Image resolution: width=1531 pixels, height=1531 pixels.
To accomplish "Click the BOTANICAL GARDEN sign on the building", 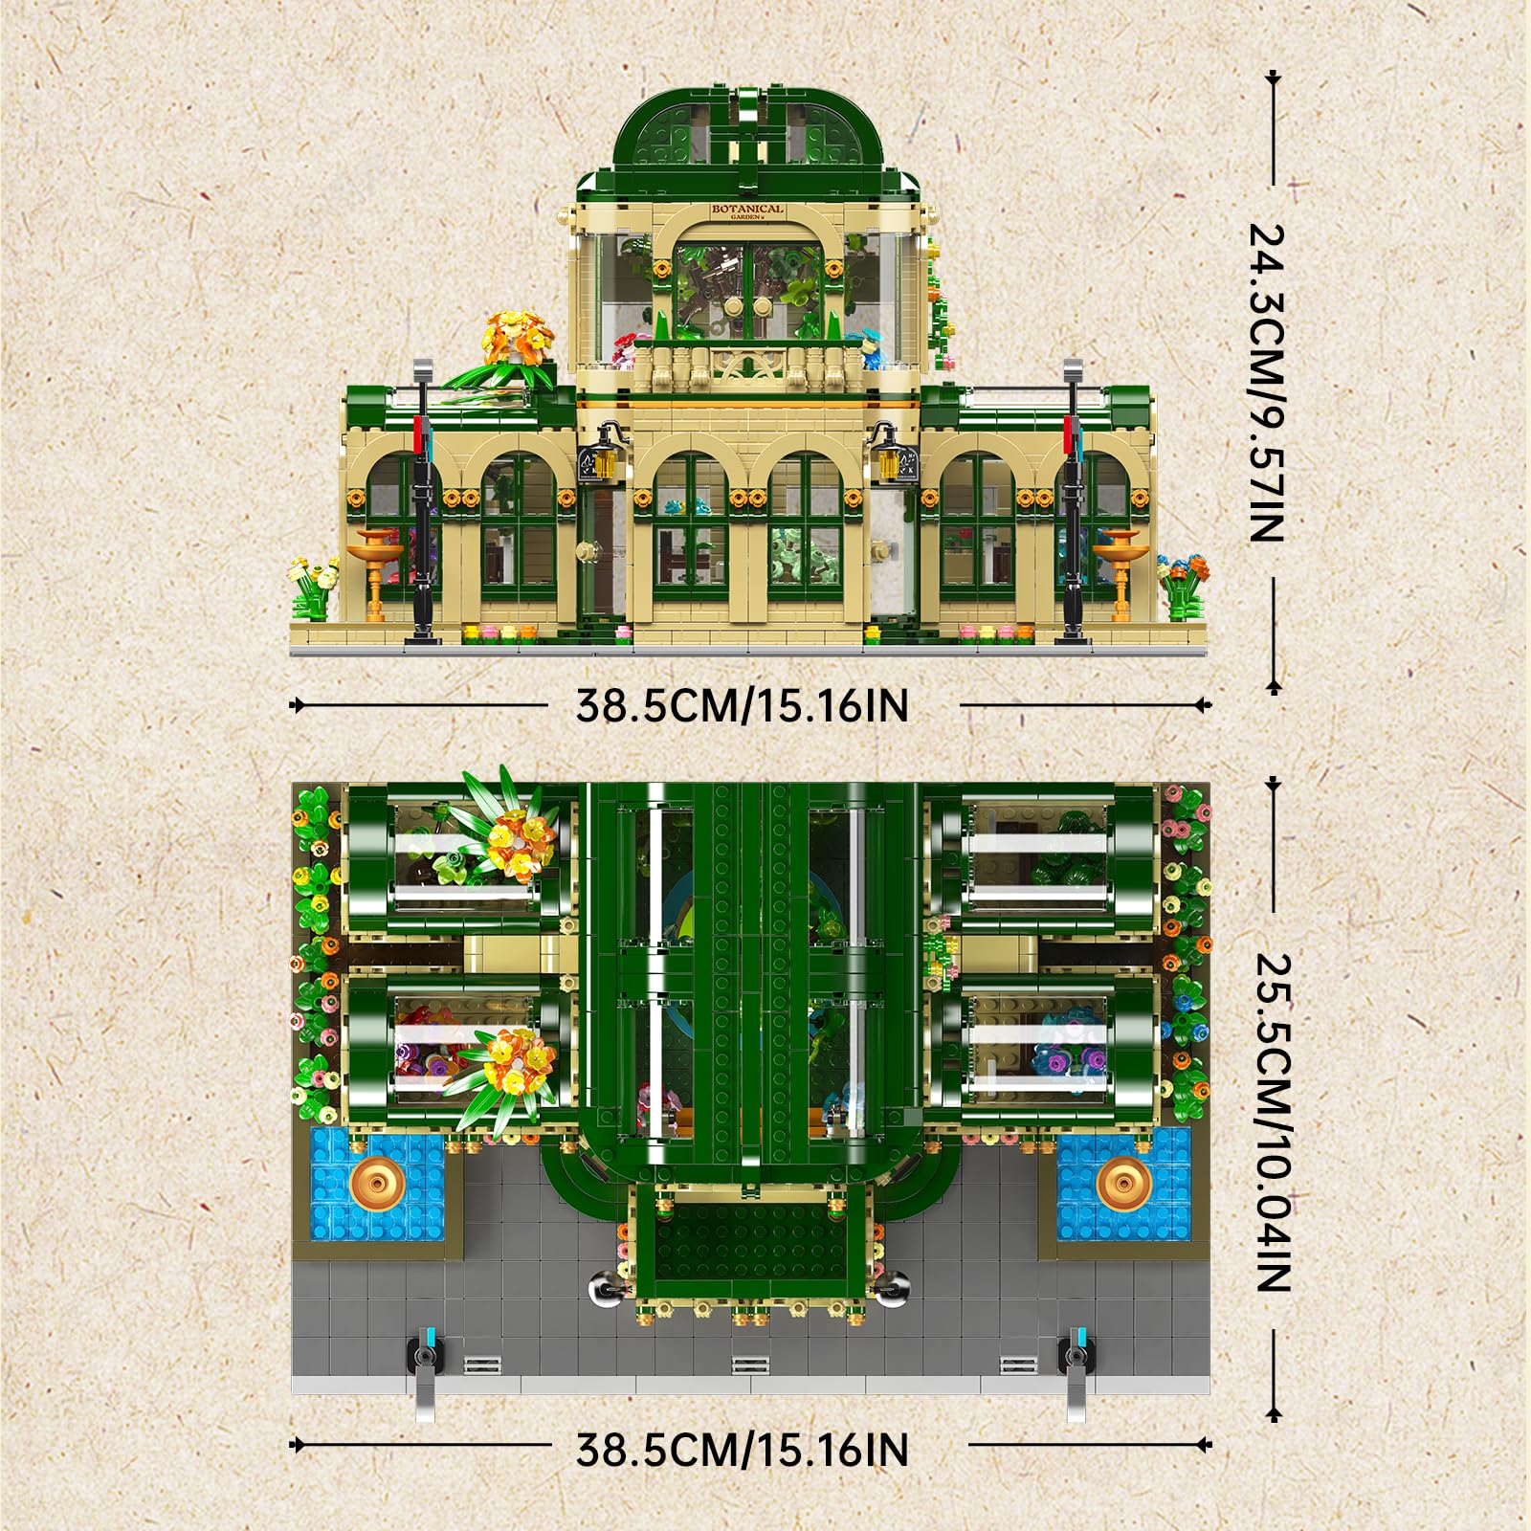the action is [747, 211].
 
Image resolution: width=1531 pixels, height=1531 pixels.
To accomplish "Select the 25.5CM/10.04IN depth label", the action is [1274, 1121].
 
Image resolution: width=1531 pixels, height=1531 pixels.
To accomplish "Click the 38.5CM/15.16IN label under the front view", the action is [742, 706].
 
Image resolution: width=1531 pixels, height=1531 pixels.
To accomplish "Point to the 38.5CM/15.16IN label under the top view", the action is [742, 1450].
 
